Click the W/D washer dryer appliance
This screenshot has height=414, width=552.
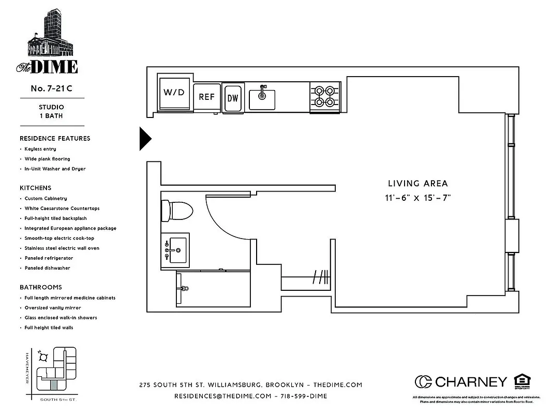tap(174, 93)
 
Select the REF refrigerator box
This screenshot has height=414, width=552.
tap(206, 97)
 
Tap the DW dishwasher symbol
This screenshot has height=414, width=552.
tap(233, 98)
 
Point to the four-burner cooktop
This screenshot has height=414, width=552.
tap(325, 97)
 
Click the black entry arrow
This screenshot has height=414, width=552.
tap(145, 138)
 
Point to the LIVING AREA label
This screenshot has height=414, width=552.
tap(417, 183)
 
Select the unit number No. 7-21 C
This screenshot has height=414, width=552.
tap(51, 88)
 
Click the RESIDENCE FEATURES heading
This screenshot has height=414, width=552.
tap(55, 139)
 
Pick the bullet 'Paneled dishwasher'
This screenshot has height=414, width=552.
tap(47, 268)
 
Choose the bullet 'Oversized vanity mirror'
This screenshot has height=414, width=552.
tap(53, 308)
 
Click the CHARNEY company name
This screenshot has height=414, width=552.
tap(471, 382)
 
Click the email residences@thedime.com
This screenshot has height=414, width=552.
tap(222, 396)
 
